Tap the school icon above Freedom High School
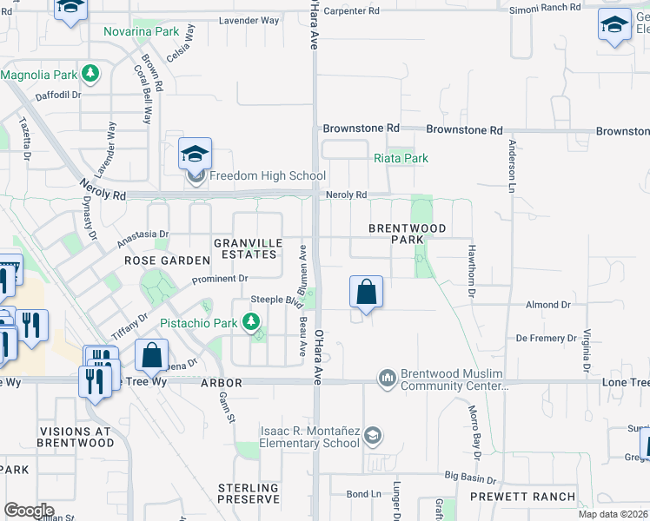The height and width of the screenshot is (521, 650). pos(195,155)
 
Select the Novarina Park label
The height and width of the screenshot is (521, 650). pos(141,32)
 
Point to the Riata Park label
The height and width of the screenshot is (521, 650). pos(401,159)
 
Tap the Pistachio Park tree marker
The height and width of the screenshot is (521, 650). pos(251,323)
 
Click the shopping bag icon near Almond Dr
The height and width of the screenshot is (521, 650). pos(367,293)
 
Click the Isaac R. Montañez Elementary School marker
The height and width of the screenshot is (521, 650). pos(372,435)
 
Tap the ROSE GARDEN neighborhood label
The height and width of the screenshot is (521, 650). pos(168,260)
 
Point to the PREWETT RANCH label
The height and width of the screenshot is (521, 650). pos(522,497)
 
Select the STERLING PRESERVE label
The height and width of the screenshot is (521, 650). pos(249,493)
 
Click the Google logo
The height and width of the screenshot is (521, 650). pos(29,511)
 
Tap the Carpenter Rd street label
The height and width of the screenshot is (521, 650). pos(351,11)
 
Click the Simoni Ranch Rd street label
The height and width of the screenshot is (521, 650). pos(545,7)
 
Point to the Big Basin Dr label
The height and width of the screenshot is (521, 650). pos(470,478)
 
